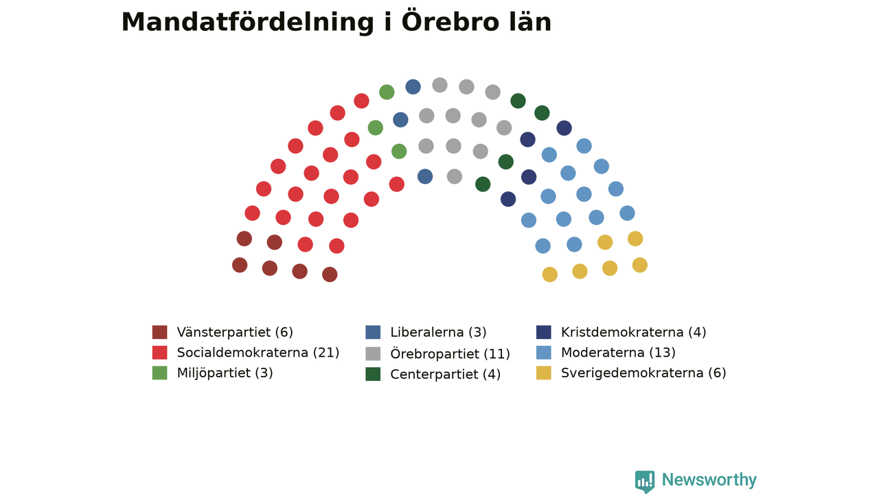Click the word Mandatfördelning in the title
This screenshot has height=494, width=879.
(248, 23)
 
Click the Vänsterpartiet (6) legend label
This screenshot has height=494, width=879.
(235, 332)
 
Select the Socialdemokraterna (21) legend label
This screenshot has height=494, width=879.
(258, 353)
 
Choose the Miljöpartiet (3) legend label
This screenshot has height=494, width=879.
(225, 373)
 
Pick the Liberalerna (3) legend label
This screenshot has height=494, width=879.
(438, 332)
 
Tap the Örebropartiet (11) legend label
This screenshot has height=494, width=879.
(450, 353)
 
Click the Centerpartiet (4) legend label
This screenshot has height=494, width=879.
(445, 374)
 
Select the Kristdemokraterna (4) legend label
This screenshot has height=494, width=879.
(633, 332)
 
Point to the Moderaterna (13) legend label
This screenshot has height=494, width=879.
(618, 353)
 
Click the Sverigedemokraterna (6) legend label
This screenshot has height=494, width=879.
(643, 373)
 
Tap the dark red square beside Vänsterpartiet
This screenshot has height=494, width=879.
(160, 332)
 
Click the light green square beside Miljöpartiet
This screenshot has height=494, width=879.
(160, 373)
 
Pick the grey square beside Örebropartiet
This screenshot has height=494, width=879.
(373, 353)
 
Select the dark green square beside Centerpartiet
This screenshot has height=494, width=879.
(373, 374)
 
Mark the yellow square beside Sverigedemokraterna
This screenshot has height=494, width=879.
(543, 373)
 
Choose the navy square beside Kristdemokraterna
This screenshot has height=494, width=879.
(543, 332)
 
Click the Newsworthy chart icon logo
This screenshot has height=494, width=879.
(645, 482)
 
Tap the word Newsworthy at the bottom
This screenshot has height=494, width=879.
(709, 480)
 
